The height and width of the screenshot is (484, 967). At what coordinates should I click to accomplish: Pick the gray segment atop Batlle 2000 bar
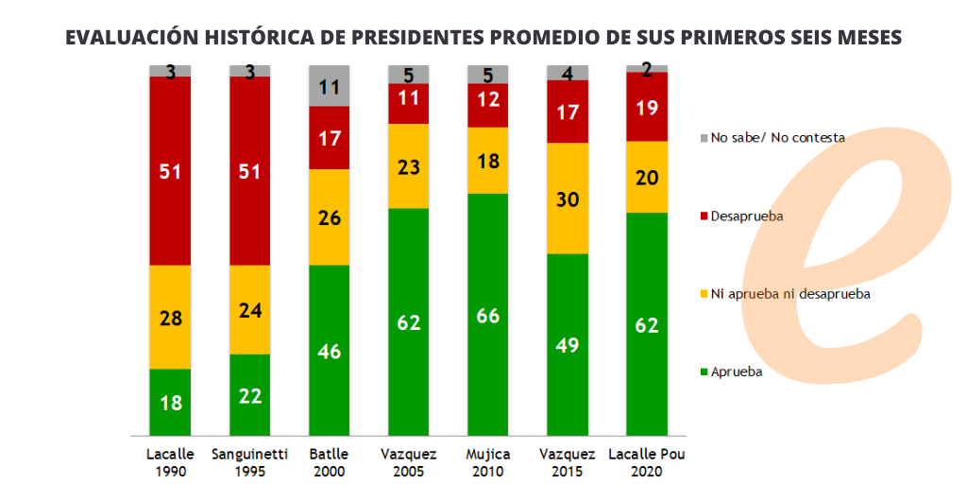pos(329,86)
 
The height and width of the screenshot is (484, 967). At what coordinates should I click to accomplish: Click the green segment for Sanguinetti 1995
pos(249,395)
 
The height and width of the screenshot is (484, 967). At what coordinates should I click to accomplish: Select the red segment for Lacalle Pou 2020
pos(647,106)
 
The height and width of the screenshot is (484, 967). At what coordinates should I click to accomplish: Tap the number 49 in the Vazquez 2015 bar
pos(568,344)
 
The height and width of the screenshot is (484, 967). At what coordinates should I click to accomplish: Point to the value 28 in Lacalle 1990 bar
pos(170,318)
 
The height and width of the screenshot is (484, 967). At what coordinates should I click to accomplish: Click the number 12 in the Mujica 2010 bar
pos(487,98)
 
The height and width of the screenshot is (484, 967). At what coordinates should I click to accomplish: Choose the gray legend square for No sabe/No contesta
pos(704,138)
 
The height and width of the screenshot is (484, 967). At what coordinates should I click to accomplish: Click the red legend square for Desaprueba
pos(704,216)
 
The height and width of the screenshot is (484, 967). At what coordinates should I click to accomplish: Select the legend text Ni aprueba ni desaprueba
pos(790,294)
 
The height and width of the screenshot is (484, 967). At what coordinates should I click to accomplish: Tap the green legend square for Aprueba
pos(704,372)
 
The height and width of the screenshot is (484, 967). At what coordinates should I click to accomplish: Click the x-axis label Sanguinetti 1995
pos(249,462)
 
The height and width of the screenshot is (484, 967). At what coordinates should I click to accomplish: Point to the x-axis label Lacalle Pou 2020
pos(647,462)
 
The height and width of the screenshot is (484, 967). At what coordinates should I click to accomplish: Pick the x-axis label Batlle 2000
pos(329,462)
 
